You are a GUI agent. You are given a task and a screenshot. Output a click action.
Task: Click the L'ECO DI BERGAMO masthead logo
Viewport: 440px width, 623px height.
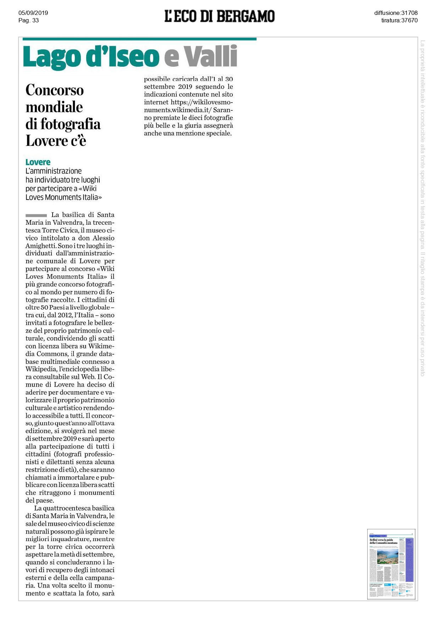click(x=219, y=16)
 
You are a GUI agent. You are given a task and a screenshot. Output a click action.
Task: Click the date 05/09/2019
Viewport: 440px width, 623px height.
click(x=33, y=13)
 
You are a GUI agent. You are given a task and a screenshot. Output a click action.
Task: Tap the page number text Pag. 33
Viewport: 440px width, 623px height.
click(x=28, y=20)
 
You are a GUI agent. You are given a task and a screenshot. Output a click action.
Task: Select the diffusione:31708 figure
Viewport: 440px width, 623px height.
click(x=396, y=13)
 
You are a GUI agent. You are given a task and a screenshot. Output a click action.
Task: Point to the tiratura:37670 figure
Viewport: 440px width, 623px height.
click(x=399, y=20)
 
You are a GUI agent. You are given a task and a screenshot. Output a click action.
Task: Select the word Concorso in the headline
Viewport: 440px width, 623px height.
click(x=55, y=90)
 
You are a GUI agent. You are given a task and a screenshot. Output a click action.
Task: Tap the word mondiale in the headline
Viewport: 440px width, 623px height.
click(x=54, y=107)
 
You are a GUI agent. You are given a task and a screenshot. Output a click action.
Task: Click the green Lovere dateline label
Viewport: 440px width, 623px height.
click(x=38, y=162)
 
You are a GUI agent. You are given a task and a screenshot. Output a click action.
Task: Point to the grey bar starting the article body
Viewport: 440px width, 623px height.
click(x=36, y=215)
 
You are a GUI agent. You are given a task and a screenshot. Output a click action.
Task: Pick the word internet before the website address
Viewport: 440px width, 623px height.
click(x=156, y=102)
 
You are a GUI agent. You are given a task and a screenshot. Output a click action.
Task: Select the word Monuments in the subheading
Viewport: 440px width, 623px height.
click(x=63, y=197)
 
